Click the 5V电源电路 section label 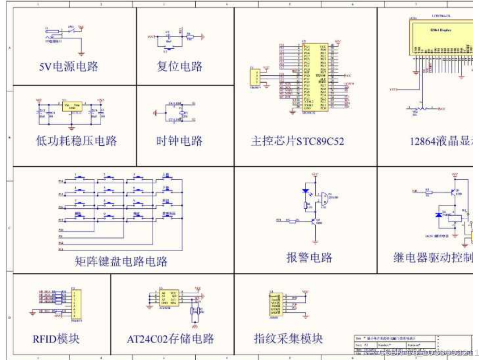pyautogui.click(x=69, y=66)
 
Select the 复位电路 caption pyautogui.click(x=180, y=66)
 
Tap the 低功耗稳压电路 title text pyautogui.click(x=77, y=141)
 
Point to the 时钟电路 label pyautogui.click(x=180, y=141)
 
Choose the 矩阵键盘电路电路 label pyautogui.click(x=121, y=261)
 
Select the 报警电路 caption pyautogui.click(x=310, y=257)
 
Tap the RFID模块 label pyautogui.click(x=56, y=339)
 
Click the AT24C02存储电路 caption pyautogui.click(x=171, y=339)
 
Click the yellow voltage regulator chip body pyautogui.click(x=72, y=107)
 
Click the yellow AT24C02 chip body pyautogui.click(x=168, y=298)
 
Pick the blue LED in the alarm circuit pyautogui.click(x=306, y=192)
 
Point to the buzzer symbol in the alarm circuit pyautogui.click(x=324, y=200)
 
